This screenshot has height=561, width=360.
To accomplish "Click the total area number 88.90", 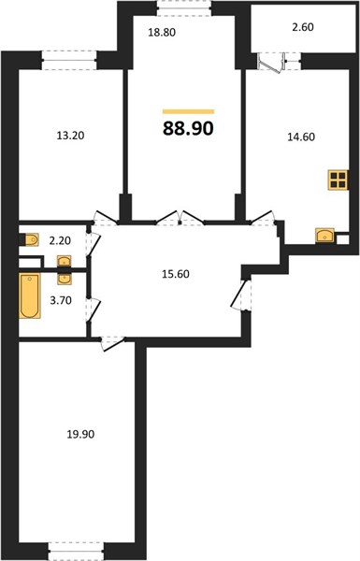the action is point(188,128).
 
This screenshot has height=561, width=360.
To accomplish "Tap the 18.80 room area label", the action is point(162,33).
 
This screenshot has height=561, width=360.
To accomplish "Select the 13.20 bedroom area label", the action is point(70,136).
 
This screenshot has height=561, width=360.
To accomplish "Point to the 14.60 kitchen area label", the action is point(301,137).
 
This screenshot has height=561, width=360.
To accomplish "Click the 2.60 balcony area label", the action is point(303,27).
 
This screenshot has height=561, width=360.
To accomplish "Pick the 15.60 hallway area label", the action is point(176,274).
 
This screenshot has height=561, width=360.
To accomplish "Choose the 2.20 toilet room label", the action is point(60,241).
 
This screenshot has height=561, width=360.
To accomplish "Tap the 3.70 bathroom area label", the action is point(61,300).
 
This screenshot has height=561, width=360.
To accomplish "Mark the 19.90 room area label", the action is point(80,435).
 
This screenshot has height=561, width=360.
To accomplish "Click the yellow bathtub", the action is point(30,295).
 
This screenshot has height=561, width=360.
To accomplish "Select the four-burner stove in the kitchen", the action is point(338,180).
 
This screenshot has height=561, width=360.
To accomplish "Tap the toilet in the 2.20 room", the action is point(30,239).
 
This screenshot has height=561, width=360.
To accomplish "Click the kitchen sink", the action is point(324,236).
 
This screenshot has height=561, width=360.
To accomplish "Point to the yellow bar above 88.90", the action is point(188,111).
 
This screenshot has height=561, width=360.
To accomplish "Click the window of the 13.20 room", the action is point(69,60).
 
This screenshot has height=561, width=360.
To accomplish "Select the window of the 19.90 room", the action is point(77,552).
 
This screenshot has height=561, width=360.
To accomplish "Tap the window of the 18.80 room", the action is point(184,7).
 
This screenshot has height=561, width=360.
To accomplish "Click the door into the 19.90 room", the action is point(111,343).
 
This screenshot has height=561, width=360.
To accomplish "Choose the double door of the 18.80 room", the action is point(180,218).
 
